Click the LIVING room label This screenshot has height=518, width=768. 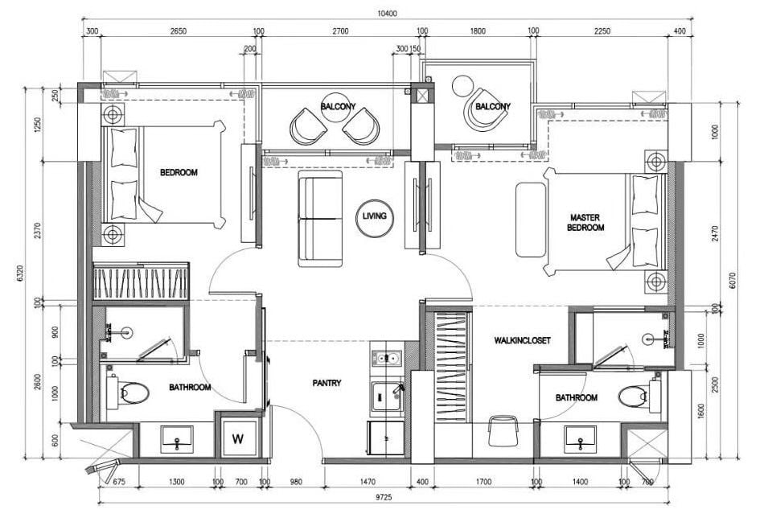click(x=374, y=216)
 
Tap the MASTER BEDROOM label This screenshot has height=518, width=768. click(x=585, y=222)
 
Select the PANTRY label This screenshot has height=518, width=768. click(x=327, y=383)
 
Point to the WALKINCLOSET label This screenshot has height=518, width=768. click(x=522, y=340)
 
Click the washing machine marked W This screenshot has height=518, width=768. click(x=237, y=438)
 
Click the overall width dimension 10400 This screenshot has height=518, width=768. click(x=387, y=14)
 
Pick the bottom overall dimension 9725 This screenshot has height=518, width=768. click(x=384, y=497)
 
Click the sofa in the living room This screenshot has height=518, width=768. click(x=320, y=219)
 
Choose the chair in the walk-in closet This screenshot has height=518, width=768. click(x=503, y=430)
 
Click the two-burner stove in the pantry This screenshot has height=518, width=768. click(x=387, y=358)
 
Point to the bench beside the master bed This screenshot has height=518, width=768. click(x=531, y=220)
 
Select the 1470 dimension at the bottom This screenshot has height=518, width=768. click(x=367, y=482)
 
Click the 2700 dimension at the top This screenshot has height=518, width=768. click(x=340, y=31)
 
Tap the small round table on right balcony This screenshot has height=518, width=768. click(x=462, y=86)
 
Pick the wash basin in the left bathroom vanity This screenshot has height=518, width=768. click(x=177, y=439)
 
